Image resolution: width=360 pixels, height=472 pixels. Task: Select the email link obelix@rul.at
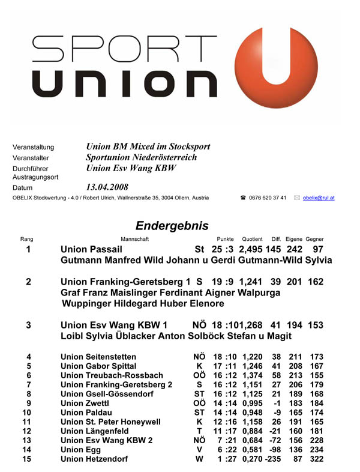[319, 198]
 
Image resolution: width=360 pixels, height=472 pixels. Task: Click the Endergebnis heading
[172, 226]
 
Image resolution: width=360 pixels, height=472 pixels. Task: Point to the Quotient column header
[252, 239]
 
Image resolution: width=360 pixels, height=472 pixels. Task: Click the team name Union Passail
[91, 249]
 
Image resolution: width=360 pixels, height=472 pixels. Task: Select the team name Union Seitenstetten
[98, 357]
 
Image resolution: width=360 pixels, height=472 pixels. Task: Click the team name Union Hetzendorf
[95, 459]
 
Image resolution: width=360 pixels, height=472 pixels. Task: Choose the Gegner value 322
[316, 459]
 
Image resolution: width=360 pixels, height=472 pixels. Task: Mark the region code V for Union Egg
[199, 449]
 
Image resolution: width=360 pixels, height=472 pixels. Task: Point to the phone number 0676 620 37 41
[268, 198]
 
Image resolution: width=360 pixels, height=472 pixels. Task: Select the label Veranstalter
[34, 158]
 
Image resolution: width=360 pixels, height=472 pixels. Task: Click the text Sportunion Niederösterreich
[141, 157]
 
